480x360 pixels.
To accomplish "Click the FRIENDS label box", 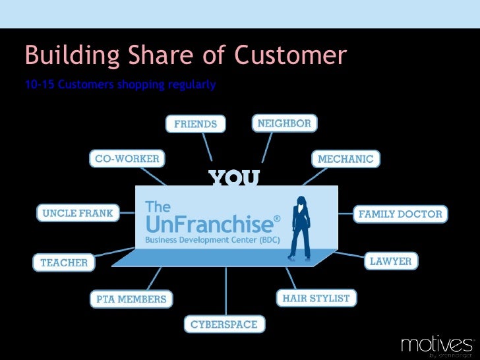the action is point(195,124).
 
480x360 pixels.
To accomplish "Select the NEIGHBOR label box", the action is point(285,123).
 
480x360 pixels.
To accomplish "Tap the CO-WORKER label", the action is point(127,159).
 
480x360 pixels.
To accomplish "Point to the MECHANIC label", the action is point(345,159).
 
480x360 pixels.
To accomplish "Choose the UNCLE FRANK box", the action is point(78,214).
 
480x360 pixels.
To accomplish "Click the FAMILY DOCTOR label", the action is point(400,214).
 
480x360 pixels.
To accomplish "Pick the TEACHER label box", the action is point(64,262).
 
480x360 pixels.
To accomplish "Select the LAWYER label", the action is point(391,261).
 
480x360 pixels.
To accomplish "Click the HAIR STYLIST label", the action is point(316,298).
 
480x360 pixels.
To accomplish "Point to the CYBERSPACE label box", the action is point(224,324).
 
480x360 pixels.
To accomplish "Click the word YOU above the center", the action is point(234,178).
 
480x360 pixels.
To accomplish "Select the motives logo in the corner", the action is point(436,345).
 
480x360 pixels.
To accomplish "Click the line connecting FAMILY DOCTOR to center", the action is point(345,214).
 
